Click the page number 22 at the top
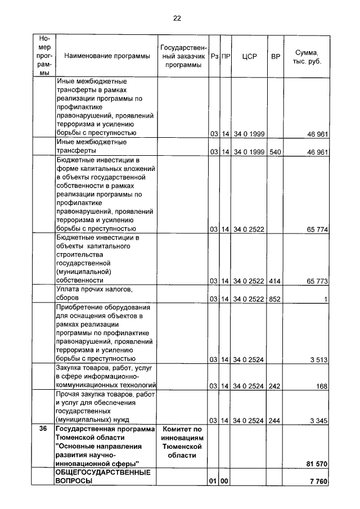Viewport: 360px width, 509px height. click(177, 18)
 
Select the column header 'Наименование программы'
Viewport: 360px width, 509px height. click(107, 56)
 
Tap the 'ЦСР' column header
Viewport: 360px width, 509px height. click(249, 56)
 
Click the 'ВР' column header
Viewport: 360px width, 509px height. click(275, 56)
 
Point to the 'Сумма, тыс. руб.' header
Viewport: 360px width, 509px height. click(307, 56)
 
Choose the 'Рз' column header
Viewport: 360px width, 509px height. click(214, 56)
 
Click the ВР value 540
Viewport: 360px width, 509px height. click(275, 152)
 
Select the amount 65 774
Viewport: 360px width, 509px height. click(316, 229)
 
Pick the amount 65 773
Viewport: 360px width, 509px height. click(316, 280)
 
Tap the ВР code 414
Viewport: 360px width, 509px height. click(275, 280)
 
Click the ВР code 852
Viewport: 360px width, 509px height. click(275, 299)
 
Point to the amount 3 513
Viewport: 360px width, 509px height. click(318, 359)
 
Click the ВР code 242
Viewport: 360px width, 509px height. click(275, 386)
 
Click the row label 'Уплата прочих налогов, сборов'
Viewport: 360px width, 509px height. click(94, 294)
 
